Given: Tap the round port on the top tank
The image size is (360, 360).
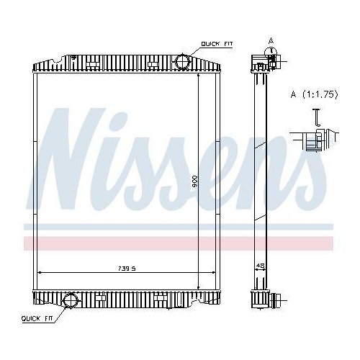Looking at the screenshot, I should coord(182,61).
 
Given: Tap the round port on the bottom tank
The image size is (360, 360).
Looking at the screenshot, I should coord(71,302).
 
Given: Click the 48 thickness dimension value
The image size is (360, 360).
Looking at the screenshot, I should coord(261,266).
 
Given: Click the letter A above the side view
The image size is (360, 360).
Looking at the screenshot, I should coord(271,40).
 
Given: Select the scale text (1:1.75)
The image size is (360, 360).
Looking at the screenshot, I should coord(315,94).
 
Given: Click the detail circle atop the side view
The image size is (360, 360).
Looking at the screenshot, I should coord(271,53).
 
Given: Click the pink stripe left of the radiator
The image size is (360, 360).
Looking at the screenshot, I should coord(27,243).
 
